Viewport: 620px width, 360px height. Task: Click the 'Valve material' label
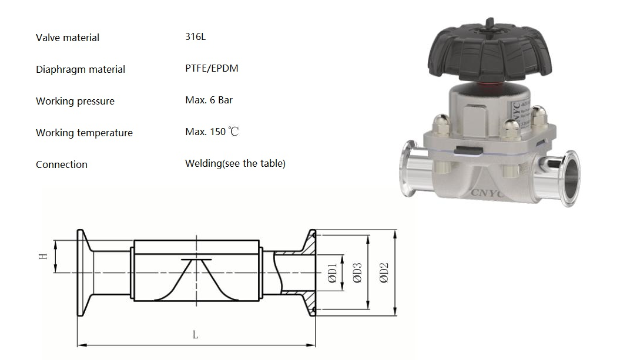point(68,38)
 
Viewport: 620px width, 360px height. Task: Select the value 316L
point(195,36)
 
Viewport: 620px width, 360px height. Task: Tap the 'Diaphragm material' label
point(81,69)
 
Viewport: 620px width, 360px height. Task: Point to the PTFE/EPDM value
point(212,68)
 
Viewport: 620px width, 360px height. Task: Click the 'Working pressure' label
point(75,101)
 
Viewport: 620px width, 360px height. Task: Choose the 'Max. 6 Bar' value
point(209,100)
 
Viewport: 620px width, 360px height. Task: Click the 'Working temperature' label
point(84,133)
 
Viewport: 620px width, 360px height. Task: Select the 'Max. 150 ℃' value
point(212,132)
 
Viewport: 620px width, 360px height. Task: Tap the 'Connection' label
point(62,164)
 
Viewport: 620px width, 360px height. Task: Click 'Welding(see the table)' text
point(235,163)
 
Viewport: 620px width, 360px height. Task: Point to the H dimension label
point(42,257)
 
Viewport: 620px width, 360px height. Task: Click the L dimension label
point(195,335)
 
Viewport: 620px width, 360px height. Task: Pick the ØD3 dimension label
point(357,273)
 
